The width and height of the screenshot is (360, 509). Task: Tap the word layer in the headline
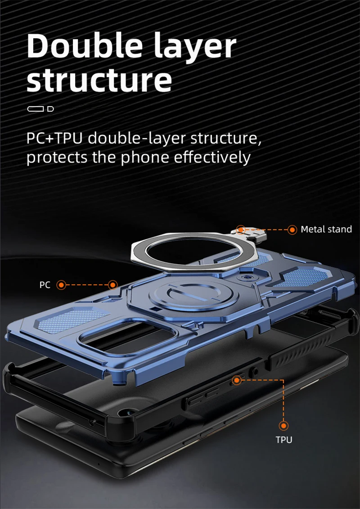(x=196, y=47)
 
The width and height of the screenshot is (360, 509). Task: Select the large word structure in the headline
(x=99, y=80)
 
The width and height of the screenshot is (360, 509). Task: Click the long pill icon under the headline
(x=36, y=108)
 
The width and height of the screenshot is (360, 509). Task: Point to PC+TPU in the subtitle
(x=55, y=138)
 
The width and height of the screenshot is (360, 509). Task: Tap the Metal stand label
(x=326, y=230)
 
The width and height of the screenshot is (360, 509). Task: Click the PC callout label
(x=45, y=285)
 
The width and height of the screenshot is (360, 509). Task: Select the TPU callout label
(x=283, y=439)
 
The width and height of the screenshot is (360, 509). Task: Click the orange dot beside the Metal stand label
(x=292, y=230)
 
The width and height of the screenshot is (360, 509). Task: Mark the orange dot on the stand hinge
(x=241, y=230)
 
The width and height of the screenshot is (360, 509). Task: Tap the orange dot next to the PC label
(x=62, y=285)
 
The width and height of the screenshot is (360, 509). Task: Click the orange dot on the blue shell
(x=112, y=284)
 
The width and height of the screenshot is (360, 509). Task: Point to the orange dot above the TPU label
(x=283, y=425)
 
